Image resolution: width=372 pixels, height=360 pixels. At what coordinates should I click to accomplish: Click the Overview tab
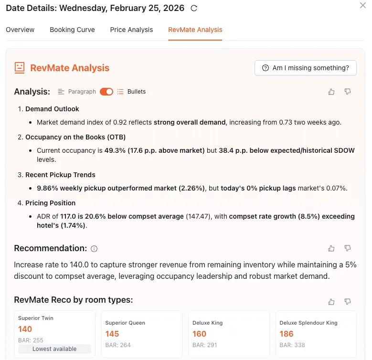point(20,30)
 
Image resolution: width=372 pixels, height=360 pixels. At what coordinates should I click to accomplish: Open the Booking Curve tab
point(72,30)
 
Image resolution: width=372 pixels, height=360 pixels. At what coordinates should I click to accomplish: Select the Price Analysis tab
point(131,30)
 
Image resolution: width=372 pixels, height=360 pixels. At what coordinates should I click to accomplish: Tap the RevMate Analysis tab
point(195,30)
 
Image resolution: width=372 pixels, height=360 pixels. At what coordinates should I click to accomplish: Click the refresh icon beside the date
point(193,8)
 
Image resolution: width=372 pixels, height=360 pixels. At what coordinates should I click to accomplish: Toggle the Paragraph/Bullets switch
point(106,92)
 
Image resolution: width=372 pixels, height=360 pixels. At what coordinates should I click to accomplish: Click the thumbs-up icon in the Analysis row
point(331,92)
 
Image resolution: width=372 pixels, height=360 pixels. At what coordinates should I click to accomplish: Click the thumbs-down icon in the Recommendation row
point(348,248)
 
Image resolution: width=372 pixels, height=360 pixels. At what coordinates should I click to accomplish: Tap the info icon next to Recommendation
point(94,249)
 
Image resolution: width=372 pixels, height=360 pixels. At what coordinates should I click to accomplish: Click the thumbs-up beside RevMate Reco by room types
point(331,302)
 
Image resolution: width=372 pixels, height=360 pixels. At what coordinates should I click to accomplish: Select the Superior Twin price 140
point(25,329)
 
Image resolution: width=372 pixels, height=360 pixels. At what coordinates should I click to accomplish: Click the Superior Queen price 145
point(112,334)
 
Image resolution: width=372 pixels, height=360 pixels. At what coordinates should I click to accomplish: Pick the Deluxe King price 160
point(199,334)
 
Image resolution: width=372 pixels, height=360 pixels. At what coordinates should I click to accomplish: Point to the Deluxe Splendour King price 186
point(287,334)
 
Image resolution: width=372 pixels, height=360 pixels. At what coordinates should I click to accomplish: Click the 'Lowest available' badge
point(54,349)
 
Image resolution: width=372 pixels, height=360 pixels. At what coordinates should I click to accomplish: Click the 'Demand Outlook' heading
point(52,109)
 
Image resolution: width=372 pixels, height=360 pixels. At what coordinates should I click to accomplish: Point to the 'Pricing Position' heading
point(50,203)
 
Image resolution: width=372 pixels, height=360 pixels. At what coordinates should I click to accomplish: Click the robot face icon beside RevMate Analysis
point(20,68)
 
